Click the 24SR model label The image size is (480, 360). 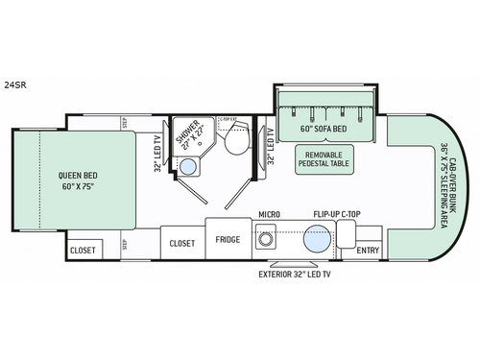tap(12, 68)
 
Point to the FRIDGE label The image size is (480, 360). tap(228, 240)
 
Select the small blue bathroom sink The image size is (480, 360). tap(189, 167)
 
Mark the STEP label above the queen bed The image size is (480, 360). tap(125, 122)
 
